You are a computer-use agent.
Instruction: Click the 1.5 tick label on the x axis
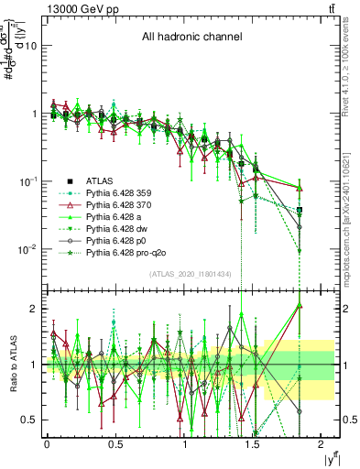pyautogui.click(x=253, y=443)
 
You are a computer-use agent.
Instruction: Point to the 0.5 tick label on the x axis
pyautogui.click(x=115, y=443)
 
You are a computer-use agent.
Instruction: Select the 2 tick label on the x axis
pyautogui.click(x=322, y=443)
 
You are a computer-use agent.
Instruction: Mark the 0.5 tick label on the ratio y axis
pyautogui.click(x=30, y=420)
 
